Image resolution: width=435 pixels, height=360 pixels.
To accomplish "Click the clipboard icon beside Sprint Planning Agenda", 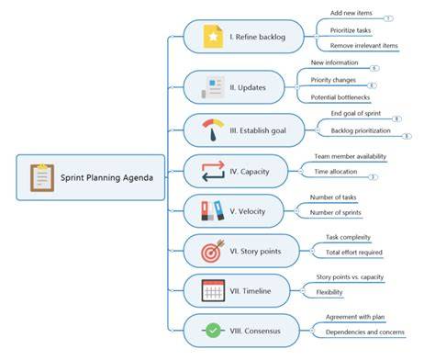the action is point(42,177).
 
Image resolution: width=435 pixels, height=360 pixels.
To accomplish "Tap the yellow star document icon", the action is point(213,37).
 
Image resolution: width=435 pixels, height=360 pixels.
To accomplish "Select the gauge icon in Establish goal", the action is point(213,130).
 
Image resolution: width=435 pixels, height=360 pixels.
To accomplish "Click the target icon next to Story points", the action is point(213,251).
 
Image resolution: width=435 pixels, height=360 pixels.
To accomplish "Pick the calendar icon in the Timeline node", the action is point(213,290).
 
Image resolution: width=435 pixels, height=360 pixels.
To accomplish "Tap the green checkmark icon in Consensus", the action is point(213,331).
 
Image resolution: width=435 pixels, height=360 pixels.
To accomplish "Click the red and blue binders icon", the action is point(213,211).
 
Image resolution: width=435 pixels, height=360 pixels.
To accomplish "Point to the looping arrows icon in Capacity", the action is point(213,171).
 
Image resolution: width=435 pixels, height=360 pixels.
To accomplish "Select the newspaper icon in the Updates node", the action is point(213,87).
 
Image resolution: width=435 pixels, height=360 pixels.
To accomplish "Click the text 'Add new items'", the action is point(351,13).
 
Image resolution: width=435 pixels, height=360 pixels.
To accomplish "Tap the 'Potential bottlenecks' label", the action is point(340,97).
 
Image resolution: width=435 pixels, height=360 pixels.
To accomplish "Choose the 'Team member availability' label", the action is point(351,156).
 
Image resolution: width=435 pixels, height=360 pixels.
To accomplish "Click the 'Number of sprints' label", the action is point(336,212).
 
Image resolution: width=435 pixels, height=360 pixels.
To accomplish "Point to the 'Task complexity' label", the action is point(348,237).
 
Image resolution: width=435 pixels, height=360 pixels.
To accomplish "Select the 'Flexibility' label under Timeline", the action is point(329,292).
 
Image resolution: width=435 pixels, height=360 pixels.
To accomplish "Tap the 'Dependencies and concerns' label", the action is point(365,332).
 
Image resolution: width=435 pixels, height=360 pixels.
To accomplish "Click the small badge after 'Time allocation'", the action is point(373,177).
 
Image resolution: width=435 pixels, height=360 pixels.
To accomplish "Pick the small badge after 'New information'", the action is point(374,68).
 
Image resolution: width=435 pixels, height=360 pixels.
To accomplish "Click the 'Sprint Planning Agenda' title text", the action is point(106,177).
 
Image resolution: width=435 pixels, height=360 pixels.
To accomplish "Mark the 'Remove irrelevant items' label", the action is point(364,46).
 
